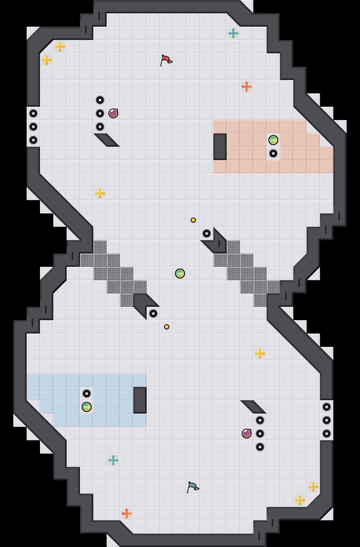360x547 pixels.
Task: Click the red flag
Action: [166, 60]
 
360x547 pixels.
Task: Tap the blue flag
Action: [192, 487]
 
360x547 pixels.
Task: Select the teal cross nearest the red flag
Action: [233, 33]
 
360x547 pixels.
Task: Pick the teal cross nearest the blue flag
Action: [113, 460]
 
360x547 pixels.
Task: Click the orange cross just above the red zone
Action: [247, 87]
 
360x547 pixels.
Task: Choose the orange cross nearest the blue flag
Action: [127, 514]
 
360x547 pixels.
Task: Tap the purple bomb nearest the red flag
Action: [113, 113]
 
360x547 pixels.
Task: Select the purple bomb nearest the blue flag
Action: [247, 434]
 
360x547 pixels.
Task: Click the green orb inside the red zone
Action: [273, 140]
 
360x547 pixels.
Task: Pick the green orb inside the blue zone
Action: [87, 407]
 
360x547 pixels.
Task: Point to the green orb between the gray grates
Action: [180, 273]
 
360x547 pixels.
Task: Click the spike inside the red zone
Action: [273, 153]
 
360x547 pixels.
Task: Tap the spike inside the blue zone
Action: [87, 394]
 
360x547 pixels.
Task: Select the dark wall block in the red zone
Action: [220, 147]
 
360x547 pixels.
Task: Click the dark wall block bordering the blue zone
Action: [140, 400]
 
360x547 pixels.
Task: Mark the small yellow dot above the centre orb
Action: [193, 220]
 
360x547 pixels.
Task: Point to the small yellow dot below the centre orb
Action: [167, 327]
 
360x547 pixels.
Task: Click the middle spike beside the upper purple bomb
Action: [100, 113]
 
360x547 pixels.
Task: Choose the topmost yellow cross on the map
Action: [60, 47]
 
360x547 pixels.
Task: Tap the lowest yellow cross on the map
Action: [300, 500]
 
